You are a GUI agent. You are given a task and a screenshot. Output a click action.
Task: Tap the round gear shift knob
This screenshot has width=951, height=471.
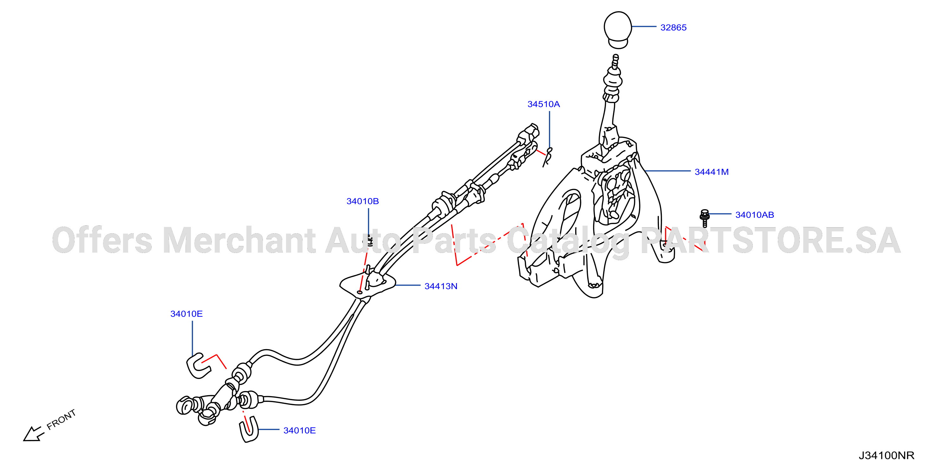pos(618,30)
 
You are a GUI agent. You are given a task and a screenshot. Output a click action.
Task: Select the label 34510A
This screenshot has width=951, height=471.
pos(544,104)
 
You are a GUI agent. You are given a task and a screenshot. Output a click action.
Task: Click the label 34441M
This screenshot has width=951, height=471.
pos(711,172)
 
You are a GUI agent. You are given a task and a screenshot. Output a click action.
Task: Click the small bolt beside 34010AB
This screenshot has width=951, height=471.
pos(704,218)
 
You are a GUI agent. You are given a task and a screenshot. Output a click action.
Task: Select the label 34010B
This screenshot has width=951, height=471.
pos(362,201)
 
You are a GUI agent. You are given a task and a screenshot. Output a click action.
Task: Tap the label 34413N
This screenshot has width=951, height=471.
pos(441,286)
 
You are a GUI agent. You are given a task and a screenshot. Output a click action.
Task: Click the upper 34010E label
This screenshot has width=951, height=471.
pos(186,314)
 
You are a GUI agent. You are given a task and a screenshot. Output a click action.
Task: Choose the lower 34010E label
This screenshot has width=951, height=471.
pos(299,430)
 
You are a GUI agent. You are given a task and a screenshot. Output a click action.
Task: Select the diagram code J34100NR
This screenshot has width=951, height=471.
pos(886,455)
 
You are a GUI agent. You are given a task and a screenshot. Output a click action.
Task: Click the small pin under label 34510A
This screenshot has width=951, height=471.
pos(548,157)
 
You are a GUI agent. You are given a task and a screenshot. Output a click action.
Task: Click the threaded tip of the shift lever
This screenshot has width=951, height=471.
pos(615,61)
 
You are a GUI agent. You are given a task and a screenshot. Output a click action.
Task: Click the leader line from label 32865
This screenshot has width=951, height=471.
pos(644,27)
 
